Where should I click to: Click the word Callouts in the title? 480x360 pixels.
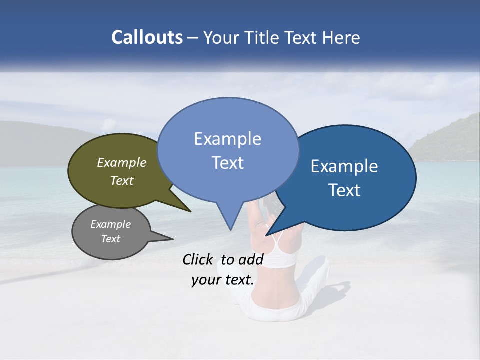click(147, 37)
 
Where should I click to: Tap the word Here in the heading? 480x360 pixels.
click(342, 38)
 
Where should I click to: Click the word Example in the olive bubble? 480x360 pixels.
click(122, 162)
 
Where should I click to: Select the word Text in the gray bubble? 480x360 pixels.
click(111, 239)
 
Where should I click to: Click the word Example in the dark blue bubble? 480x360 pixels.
click(344, 166)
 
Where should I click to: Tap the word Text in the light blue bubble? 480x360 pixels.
click(228, 163)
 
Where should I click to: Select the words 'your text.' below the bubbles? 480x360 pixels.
click(223, 280)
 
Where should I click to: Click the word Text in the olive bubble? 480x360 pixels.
click(122, 180)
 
